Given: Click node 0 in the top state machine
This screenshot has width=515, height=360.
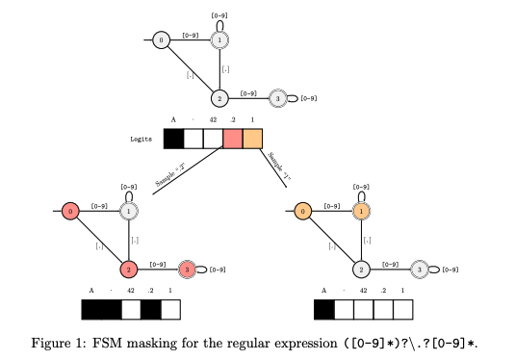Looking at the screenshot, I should coord(161,39).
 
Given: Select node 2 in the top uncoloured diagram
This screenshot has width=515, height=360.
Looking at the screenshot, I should coord(219,98).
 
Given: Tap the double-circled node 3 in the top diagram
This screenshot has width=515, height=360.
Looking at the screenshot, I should coord(277,98).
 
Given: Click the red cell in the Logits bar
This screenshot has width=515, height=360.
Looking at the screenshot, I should coord(232,139).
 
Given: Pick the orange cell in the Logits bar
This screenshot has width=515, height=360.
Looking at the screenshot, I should coord(252,139).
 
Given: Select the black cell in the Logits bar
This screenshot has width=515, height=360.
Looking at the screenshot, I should coord(173,139).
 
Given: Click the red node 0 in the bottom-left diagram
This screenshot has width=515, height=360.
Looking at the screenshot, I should coord(69,211).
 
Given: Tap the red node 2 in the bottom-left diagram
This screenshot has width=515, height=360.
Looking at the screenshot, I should coord(127,269).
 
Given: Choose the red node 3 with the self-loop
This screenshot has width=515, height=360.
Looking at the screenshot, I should coord(187,269).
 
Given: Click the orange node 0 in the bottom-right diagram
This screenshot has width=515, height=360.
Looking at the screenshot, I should coord(302,211).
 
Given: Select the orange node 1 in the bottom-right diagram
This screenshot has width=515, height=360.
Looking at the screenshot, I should coord(361,211).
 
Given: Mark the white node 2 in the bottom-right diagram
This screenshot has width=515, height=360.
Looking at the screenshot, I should coord(361,269).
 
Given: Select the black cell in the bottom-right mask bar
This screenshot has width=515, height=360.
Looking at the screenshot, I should coord(324,309).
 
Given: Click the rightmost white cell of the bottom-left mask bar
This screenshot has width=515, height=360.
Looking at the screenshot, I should coord(170,309).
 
